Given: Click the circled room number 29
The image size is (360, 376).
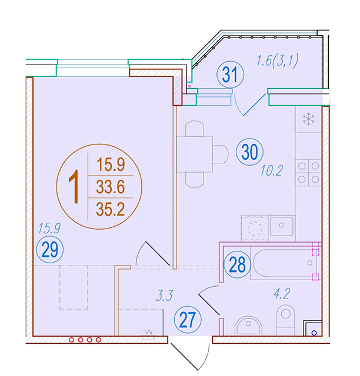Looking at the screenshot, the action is (x=50, y=249).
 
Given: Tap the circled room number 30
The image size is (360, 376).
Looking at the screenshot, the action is (x=250, y=152).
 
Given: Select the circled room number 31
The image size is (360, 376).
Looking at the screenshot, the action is (x=231, y=75).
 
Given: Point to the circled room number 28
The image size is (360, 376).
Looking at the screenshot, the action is (x=237, y=264).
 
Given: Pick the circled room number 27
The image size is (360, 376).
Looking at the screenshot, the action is (x=188, y=320).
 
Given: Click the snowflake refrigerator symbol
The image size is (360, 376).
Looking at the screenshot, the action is (x=309, y=119).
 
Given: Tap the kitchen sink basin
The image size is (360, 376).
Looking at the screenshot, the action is (x=282, y=226).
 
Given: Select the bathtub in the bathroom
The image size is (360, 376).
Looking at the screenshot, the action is (x=285, y=263).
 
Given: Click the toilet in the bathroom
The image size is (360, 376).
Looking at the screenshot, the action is (x=285, y=320).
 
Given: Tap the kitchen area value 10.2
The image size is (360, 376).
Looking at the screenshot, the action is (x=272, y=171).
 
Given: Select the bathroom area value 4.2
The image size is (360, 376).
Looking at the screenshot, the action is (x=282, y=294).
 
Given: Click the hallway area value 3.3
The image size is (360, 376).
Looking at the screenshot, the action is (x=164, y=296).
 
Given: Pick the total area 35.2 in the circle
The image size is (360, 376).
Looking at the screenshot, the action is (x=111, y=209).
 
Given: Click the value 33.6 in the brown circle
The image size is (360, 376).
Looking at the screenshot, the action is (x=111, y=187).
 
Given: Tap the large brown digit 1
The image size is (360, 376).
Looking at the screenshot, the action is (x=74, y=187).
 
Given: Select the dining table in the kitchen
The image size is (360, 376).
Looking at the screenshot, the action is (x=195, y=154).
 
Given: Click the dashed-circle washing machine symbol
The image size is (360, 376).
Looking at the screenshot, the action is (x=255, y=228).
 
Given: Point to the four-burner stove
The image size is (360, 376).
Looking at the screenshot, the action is (x=308, y=173).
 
